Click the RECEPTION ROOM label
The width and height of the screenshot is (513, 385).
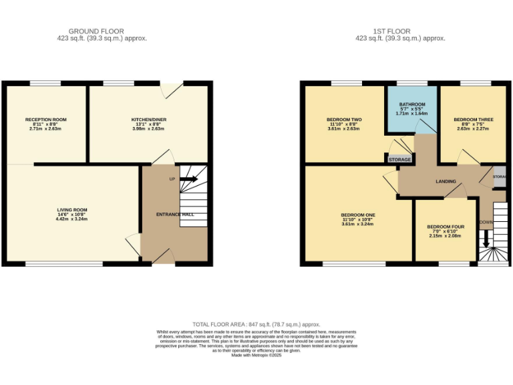(x=45, y=120)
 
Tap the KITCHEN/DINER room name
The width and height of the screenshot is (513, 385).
(x=149, y=120)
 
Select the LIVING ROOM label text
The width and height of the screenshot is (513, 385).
(x=72, y=210)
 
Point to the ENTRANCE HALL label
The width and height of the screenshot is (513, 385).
(x=174, y=214)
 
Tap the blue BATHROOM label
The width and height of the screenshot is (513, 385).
(x=412, y=104)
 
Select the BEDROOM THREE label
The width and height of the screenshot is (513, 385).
(x=474, y=120)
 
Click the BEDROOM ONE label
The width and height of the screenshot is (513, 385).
(x=358, y=215)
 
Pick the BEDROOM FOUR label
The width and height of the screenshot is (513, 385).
(x=446, y=227)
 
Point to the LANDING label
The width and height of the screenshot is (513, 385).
(x=446, y=181)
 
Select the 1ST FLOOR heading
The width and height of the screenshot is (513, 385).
(x=392, y=31)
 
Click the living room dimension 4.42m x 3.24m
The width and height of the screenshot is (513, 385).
(x=72, y=219)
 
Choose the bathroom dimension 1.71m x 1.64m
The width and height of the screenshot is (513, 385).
(x=412, y=114)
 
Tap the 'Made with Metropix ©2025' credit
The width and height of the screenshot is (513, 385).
(x=256, y=354)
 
